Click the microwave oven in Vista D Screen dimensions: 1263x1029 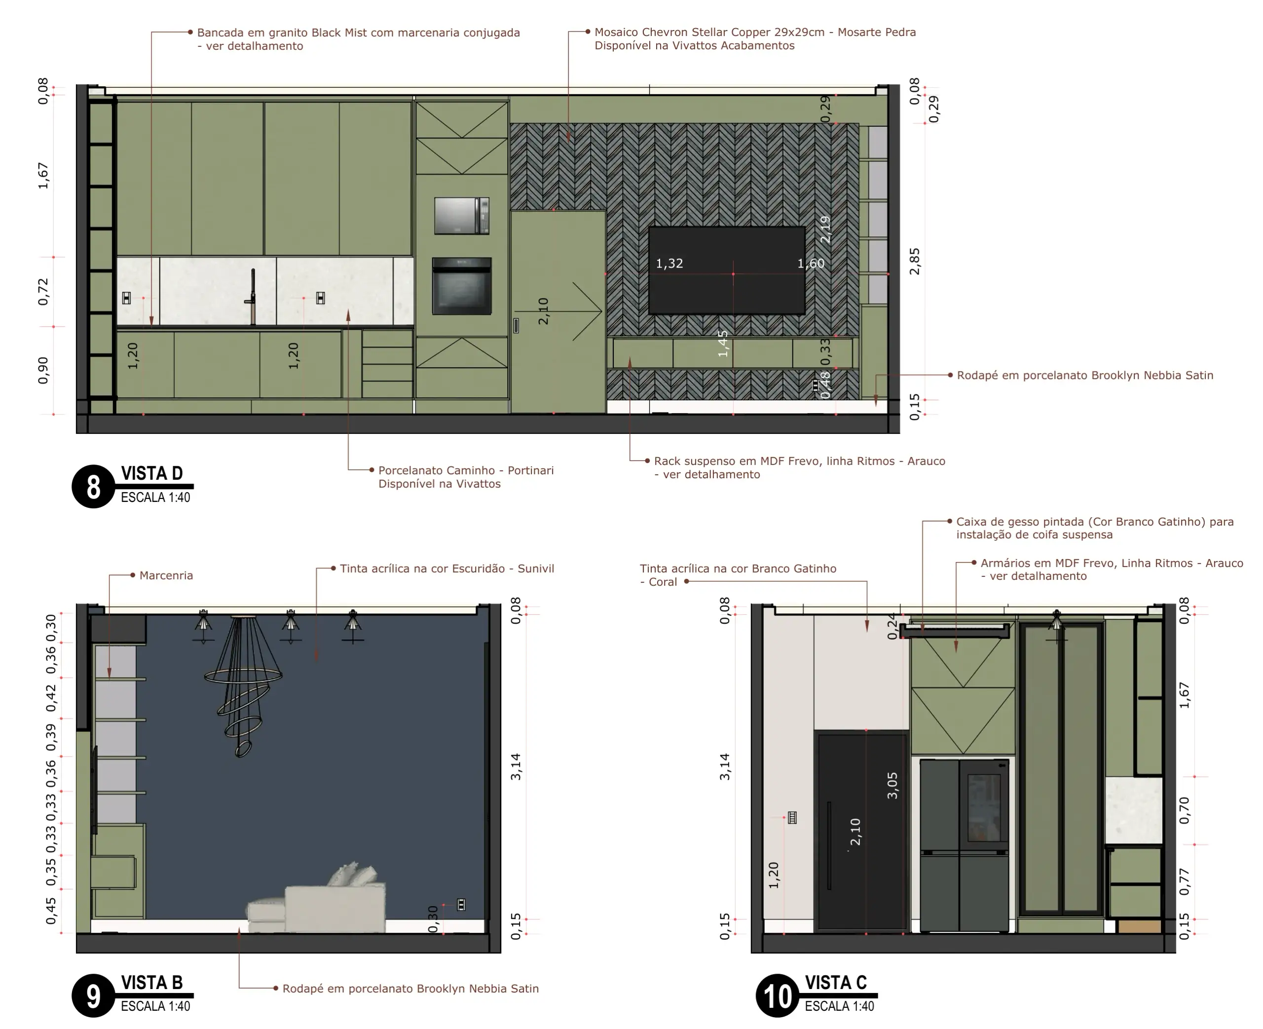point(461,216)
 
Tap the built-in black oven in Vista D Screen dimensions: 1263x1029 point(461,286)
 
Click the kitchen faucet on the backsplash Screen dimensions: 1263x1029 point(252,297)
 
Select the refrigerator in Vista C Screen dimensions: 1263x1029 point(964,846)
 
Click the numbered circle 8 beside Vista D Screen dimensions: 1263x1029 point(93,487)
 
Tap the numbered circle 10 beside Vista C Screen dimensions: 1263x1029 point(777,996)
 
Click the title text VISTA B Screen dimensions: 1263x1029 point(151,983)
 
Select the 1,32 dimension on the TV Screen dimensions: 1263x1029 point(669,263)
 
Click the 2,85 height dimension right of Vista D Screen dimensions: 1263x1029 point(915,262)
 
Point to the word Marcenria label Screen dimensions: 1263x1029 point(166,575)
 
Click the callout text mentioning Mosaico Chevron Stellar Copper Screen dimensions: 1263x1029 point(755,38)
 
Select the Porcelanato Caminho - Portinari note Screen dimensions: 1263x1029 point(466,477)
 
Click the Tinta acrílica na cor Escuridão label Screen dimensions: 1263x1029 point(446,569)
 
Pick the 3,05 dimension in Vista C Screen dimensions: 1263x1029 point(892,785)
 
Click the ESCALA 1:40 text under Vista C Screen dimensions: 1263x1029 point(839,1006)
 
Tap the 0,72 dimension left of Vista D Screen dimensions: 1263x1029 point(43,292)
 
